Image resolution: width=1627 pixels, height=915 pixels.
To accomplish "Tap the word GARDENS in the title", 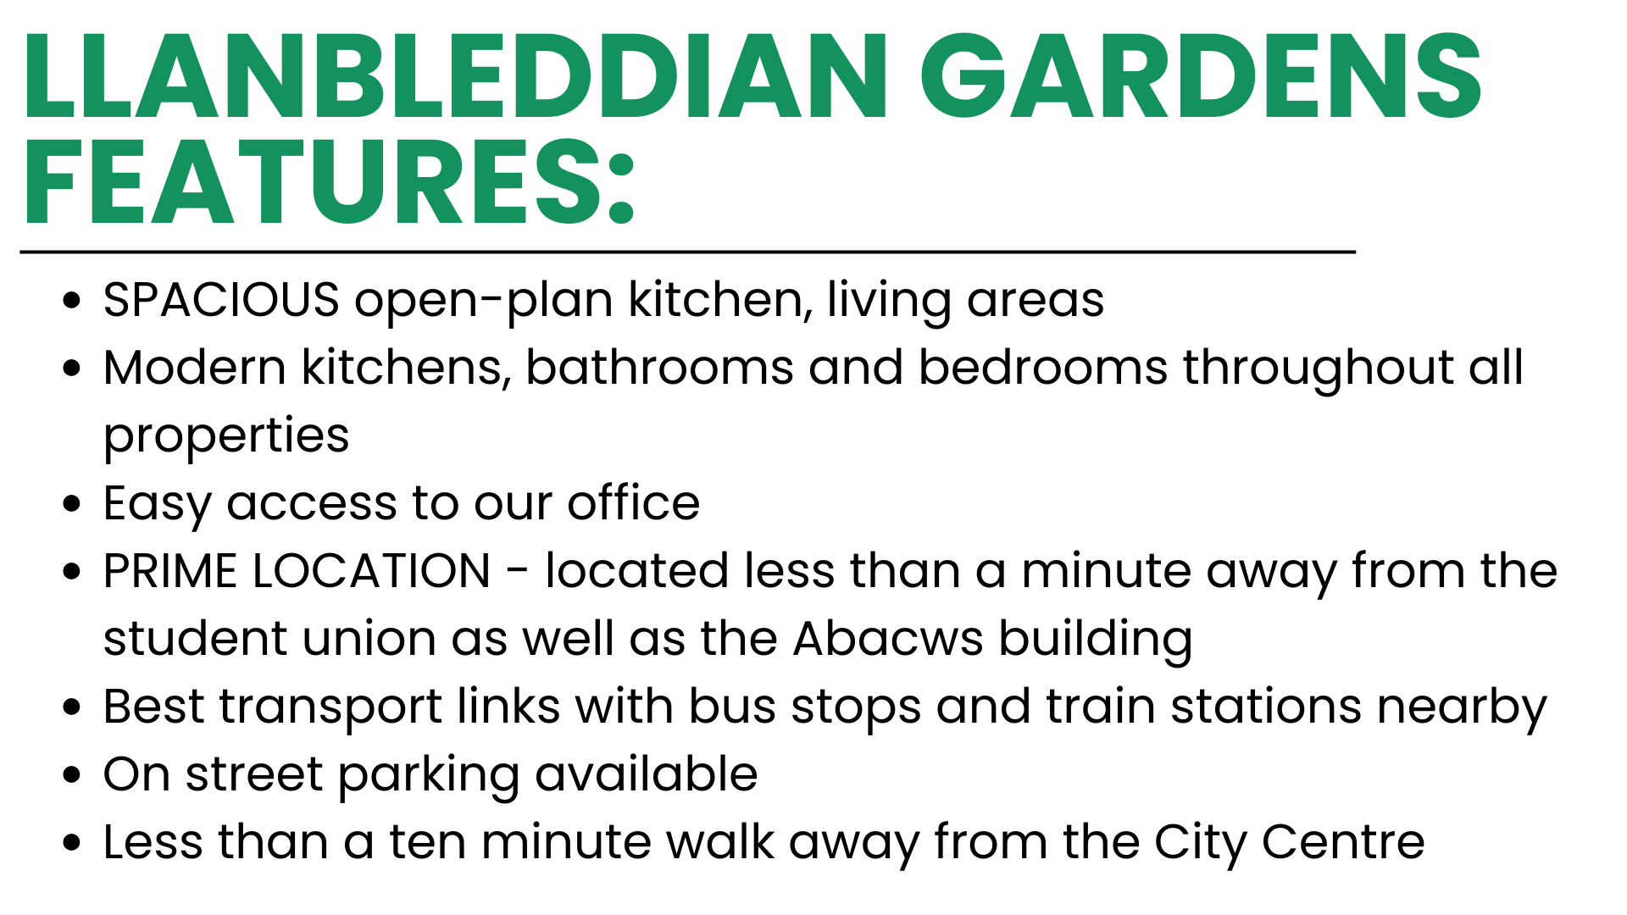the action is tap(1201, 75).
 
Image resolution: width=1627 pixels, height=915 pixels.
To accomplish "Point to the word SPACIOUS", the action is tap(221, 300).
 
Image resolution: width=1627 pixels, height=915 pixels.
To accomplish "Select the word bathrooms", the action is tap(659, 368).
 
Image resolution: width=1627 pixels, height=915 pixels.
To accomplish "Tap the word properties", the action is tap(226, 438).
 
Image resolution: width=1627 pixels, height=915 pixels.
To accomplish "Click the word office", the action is tap(633, 502).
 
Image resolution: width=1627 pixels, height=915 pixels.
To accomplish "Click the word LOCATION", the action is tap(371, 570).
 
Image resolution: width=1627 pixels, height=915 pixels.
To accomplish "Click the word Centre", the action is tap(1343, 842).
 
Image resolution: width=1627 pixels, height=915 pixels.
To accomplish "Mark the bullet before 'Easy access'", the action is tap(72, 503).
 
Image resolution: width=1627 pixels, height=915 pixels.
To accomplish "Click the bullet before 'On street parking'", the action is tap(72, 774).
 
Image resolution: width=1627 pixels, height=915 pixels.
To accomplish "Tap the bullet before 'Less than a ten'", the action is tap(72, 842).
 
